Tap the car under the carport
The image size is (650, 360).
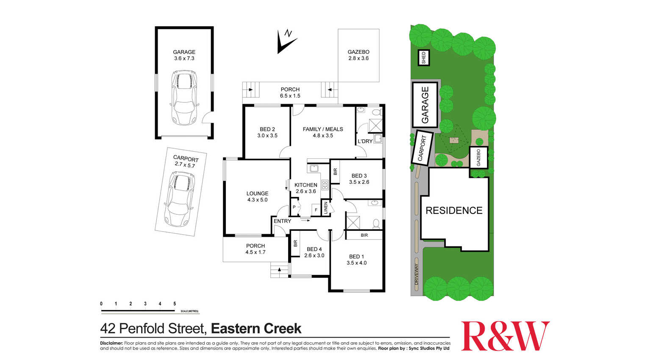pyautogui.click(x=179, y=199)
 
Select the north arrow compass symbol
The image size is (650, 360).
pyautogui.click(x=287, y=41)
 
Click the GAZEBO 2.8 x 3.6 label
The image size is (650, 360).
pyautogui.click(x=358, y=55)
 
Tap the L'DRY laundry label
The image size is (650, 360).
pyautogui.click(x=365, y=141)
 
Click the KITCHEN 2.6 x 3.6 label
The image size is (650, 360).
pyautogui.click(x=306, y=188)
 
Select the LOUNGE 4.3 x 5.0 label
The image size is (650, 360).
pyautogui.click(x=257, y=197)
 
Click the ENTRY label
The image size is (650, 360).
pyautogui.click(x=282, y=221)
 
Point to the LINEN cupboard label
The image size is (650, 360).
pyautogui.click(x=325, y=208)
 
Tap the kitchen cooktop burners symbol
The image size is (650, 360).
pyautogui.click(x=325, y=185)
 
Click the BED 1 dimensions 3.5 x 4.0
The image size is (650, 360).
pyautogui.click(x=357, y=263)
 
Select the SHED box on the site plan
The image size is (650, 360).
pyautogui.click(x=424, y=58)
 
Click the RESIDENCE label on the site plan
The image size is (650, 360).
pyautogui.click(x=454, y=210)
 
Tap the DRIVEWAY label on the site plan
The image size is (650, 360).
pyautogui.click(x=417, y=274)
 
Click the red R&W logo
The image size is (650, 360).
pyautogui.click(x=505, y=336)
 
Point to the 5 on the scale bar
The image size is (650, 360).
pyautogui.click(x=175, y=304)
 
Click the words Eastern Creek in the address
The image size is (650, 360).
pyautogui.click(x=256, y=329)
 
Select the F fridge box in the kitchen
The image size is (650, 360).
pyautogui.click(x=316, y=210)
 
